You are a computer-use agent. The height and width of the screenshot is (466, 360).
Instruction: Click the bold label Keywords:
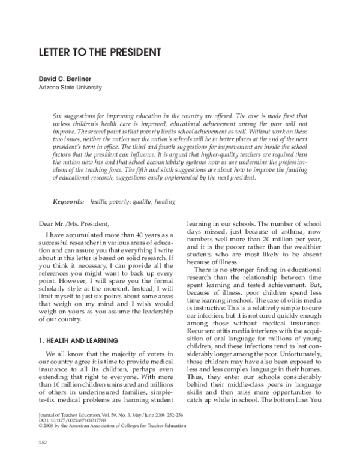[x=68, y=203]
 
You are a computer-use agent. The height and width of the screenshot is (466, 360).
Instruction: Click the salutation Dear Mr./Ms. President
[x=73, y=223]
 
